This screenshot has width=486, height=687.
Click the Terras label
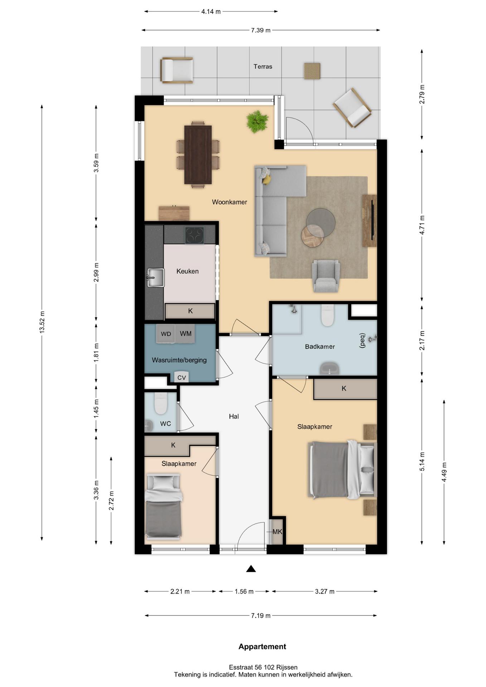tap(263, 67)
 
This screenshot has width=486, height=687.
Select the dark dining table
tap(198, 155)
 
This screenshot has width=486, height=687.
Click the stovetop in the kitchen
tap(194, 235)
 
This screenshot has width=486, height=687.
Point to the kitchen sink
tap(156, 278)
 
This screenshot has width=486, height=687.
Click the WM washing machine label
tap(185, 333)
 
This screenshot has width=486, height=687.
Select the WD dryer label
tap(166, 334)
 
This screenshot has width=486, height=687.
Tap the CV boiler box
tap(181, 377)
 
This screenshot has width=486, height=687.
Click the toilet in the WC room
tap(161, 403)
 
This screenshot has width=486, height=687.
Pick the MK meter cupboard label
tap(277, 532)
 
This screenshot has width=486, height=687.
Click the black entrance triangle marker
tap(251, 569)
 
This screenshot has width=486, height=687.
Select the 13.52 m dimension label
tap(42, 322)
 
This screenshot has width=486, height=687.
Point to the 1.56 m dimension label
tap(244, 591)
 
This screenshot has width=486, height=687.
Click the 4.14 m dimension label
tap(211, 11)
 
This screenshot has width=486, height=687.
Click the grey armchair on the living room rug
tap(326, 276)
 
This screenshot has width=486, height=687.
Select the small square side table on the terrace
tap(312, 71)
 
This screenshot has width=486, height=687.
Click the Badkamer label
tap(320, 346)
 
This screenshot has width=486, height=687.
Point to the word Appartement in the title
tap(262, 647)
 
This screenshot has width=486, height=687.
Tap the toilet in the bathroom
tap(327, 315)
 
